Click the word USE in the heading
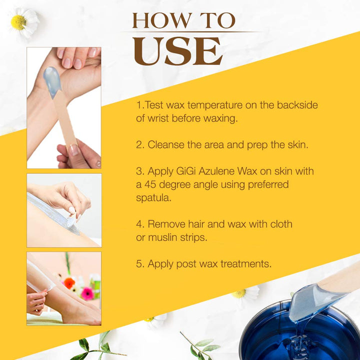pyautogui.click(x=178, y=50)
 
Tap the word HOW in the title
pyautogui.click(x=155, y=21)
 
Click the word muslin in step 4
pyautogui.click(x=166, y=237)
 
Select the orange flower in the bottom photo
pyautogui.click(x=69, y=283)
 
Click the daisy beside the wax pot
pyautogui.click(x=245, y=294)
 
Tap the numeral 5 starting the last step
pyautogui.click(x=139, y=264)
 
